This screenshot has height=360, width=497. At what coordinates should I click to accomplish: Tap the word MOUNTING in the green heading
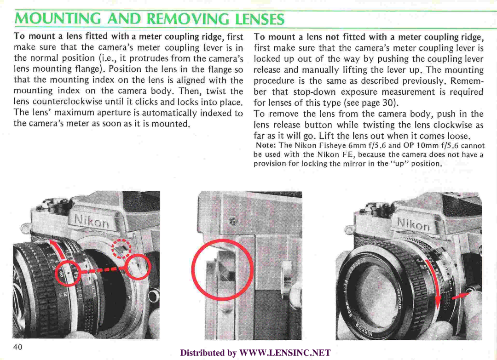point(50,20)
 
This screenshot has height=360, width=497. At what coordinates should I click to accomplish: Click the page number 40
point(18,347)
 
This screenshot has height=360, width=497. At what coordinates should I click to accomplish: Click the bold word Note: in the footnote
point(265,146)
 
